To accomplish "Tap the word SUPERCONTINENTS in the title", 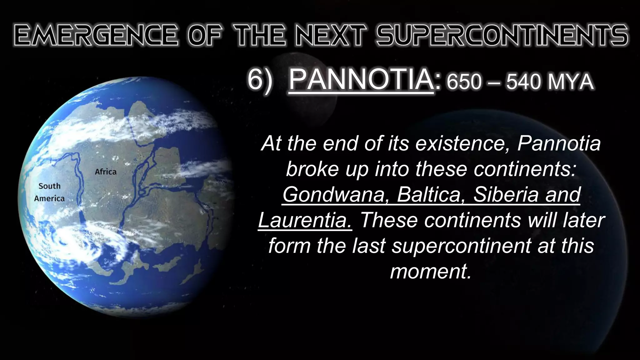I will click(x=502, y=35).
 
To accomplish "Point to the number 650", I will click(x=464, y=82).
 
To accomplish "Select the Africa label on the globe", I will click(x=106, y=172).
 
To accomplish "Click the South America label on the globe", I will click(x=49, y=192).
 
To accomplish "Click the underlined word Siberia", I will click(x=506, y=194).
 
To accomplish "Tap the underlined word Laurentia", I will click(x=305, y=220).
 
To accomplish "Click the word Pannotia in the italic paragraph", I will click(x=559, y=143).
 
